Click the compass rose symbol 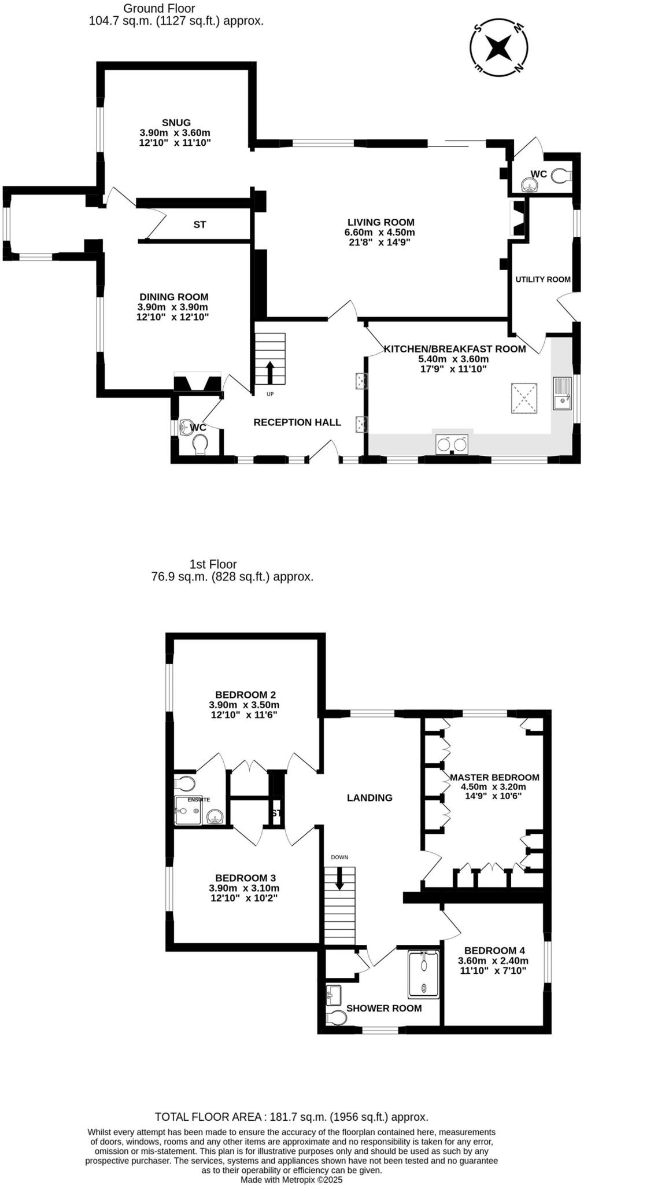[x=498, y=47]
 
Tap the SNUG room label [x=176, y=123]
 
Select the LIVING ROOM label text [x=380, y=222]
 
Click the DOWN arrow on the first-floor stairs [x=339, y=878]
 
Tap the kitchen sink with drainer [x=562, y=393]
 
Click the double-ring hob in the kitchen [x=452, y=444]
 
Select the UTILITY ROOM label [x=543, y=279]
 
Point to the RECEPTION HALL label [x=297, y=422]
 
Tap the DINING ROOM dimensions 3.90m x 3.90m [x=172, y=307]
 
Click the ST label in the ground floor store [x=199, y=225]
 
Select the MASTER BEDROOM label [x=494, y=778]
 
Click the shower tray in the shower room [x=424, y=975]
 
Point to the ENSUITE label [x=199, y=800]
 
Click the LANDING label [x=370, y=798]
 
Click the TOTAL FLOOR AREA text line [x=291, y=1117]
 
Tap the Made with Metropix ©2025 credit [x=291, y=1179]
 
